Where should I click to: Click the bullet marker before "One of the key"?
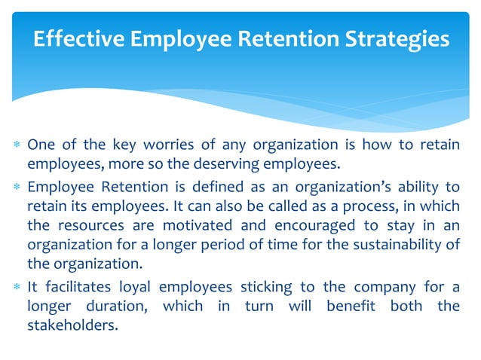pos(16,145)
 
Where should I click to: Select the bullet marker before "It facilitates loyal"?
pos(16,288)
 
